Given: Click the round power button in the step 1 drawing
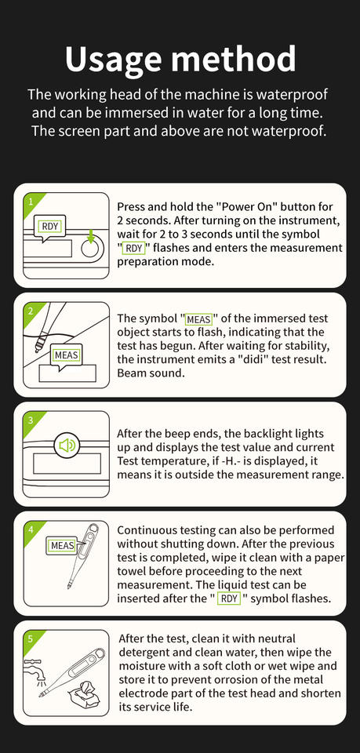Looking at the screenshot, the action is pyautogui.click(x=92, y=249).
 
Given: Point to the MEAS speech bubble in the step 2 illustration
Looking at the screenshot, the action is pyautogui.click(x=67, y=357).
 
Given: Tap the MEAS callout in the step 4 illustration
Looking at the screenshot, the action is pyautogui.click(x=64, y=546).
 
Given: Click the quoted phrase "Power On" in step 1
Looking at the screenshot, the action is pyautogui.click(x=246, y=207).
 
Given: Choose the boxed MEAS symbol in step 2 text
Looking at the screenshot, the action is pyautogui.click(x=199, y=319).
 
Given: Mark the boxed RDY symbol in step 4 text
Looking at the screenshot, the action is pyautogui.click(x=229, y=598).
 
